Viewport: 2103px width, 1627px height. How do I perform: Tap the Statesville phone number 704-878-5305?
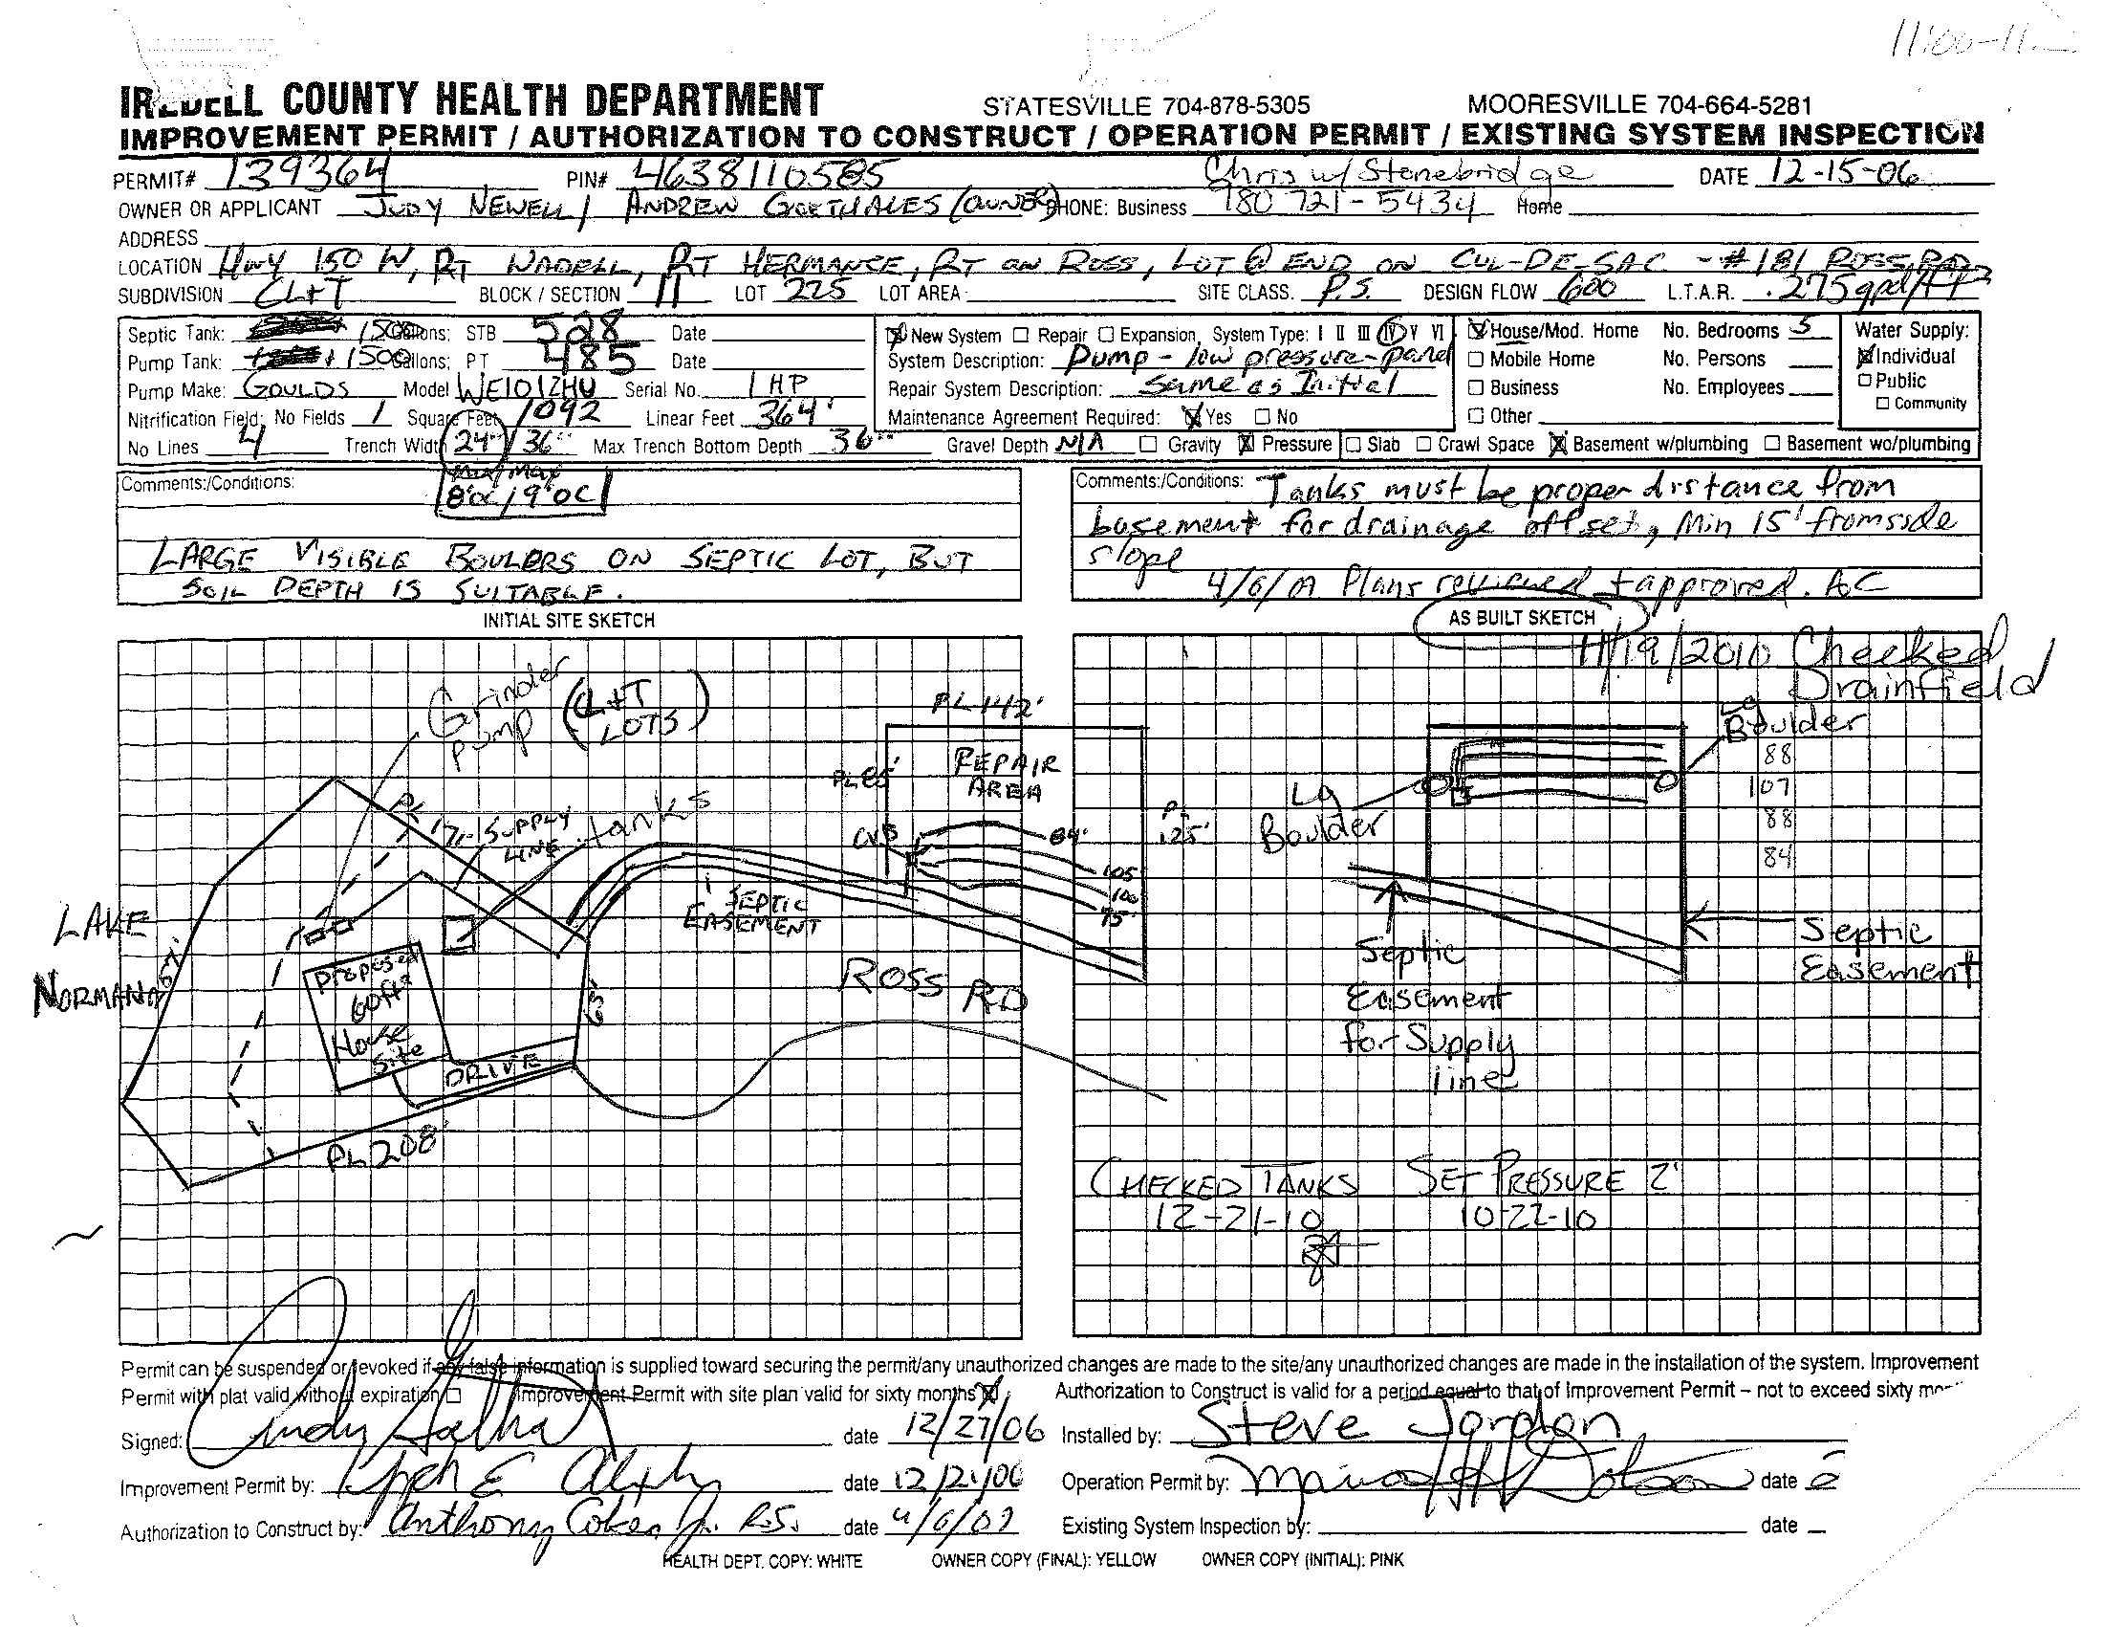click(x=1146, y=106)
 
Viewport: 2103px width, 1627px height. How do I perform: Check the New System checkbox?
click(x=895, y=335)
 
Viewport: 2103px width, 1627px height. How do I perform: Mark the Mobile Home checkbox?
click(x=1475, y=361)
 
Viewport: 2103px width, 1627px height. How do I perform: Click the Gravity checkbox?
click(x=1148, y=445)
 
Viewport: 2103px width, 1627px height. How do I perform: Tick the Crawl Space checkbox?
click(x=1424, y=445)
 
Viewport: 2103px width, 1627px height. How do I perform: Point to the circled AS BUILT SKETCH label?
click(x=1522, y=618)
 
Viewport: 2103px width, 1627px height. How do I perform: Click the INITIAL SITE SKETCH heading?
click(x=569, y=622)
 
